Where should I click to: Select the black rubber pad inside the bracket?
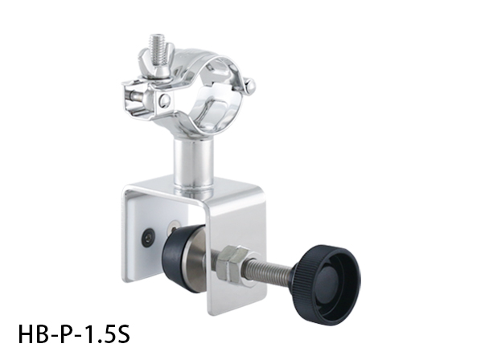[179, 258]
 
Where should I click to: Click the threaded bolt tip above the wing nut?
[158, 46]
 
